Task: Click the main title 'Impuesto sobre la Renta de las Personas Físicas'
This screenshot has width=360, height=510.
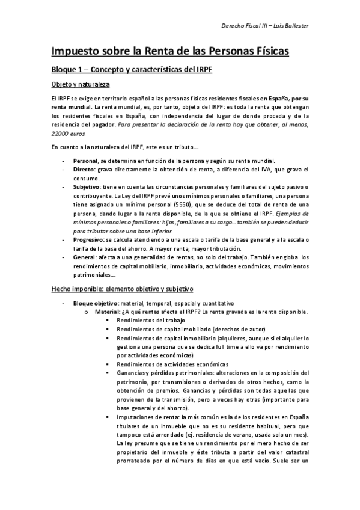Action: click(x=170, y=51)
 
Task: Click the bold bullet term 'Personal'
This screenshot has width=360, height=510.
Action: click(x=84, y=161)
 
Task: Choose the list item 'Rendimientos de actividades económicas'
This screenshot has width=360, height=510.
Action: click(x=172, y=364)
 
